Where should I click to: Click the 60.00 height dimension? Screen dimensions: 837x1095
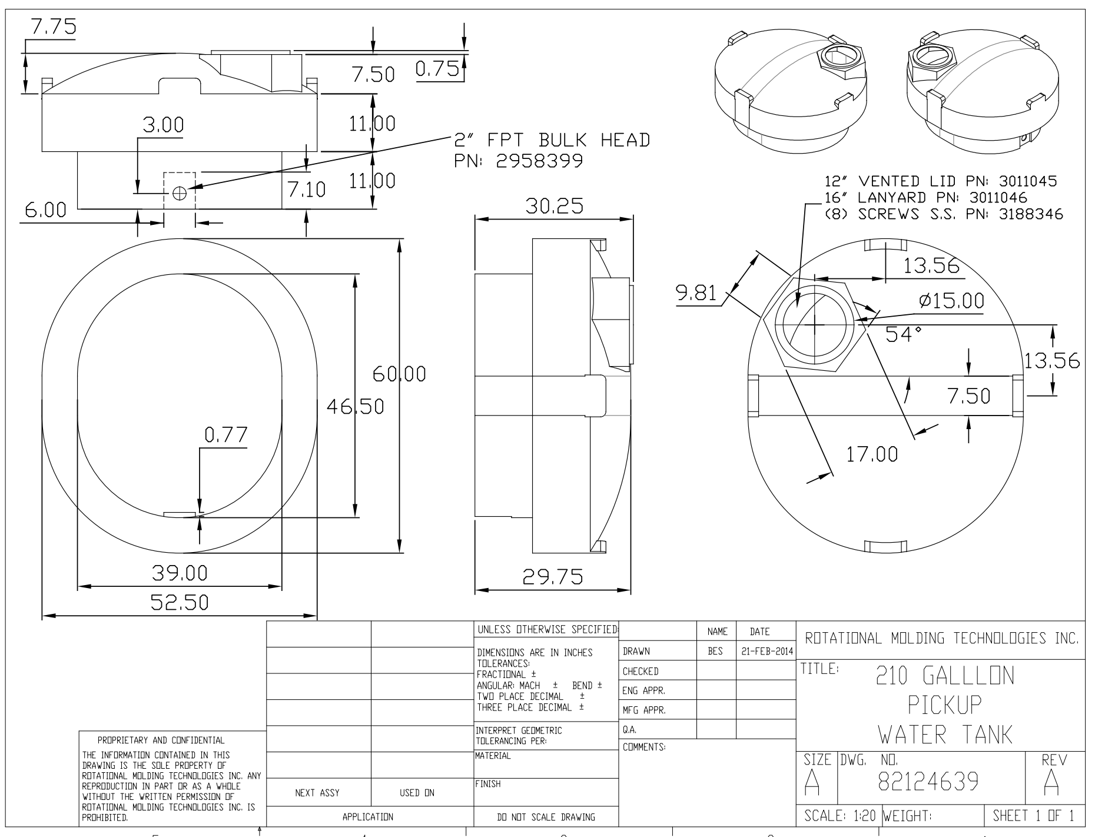click(x=399, y=374)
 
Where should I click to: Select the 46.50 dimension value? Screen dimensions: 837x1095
click(x=355, y=406)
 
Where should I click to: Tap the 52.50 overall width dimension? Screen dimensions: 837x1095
click(x=180, y=603)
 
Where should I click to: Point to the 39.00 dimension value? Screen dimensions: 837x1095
click(x=180, y=573)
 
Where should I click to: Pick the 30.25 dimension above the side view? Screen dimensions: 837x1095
click(x=553, y=206)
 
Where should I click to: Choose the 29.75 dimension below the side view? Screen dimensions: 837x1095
click(x=553, y=577)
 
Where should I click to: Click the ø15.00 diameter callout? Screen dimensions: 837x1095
click(x=951, y=301)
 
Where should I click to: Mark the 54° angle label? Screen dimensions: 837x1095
click(x=904, y=334)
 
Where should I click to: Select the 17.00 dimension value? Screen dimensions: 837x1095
click(x=872, y=454)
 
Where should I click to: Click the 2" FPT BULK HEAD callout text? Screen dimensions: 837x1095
click(x=552, y=140)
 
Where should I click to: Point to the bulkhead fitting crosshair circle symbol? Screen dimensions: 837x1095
click(x=180, y=192)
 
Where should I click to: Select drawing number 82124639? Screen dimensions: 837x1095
click(x=928, y=781)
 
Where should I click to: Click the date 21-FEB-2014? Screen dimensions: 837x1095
click(x=765, y=652)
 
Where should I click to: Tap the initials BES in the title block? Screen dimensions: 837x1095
click(x=715, y=652)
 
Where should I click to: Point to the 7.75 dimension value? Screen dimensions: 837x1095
click(x=53, y=27)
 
